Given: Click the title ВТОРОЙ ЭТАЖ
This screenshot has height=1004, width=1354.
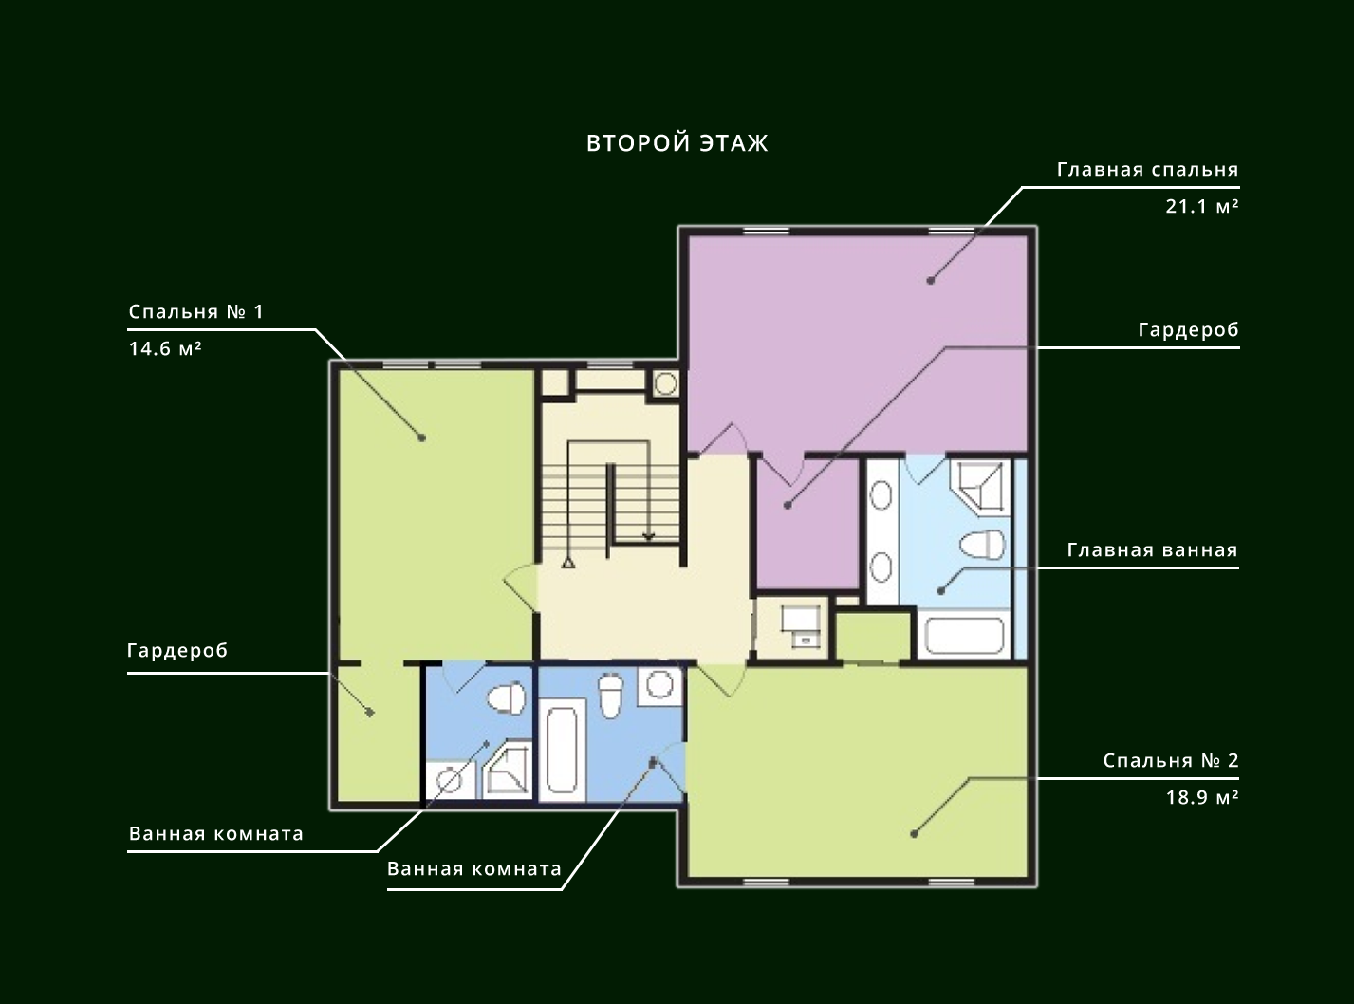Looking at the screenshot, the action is pyautogui.click(x=677, y=143).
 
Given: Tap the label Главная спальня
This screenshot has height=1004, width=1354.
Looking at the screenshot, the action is pyautogui.click(x=1148, y=170).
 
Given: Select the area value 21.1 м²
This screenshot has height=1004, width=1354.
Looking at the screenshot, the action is pyautogui.click(x=1202, y=207).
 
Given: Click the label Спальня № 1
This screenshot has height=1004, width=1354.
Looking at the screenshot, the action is pyautogui.click(x=196, y=312).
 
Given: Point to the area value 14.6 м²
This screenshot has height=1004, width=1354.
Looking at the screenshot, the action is pyautogui.click(x=165, y=348).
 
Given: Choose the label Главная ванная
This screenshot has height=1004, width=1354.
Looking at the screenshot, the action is pyautogui.click(x=1153, y=550).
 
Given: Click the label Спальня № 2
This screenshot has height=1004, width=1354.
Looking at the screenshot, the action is pyautogui.click(x=1171, y=761).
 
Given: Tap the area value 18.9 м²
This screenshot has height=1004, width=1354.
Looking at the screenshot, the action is pyautogui.click(x=1202, y=797).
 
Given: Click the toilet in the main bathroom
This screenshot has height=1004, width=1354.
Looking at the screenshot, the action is pyautogui.click(x=982, y=545).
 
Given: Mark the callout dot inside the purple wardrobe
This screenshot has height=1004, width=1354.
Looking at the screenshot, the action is pyautogui.click(x=788, y=505).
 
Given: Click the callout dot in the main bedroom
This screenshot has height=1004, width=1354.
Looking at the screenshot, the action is pyautogui.click(x=930, y=281).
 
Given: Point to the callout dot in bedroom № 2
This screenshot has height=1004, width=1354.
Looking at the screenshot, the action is pyautogui.click(x=914, y=833).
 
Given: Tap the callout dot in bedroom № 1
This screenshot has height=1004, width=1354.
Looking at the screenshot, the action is pyautogui.click(x=421, y=437).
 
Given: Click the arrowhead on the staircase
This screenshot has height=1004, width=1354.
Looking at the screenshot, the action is pyautogui.click(x=648, y=537).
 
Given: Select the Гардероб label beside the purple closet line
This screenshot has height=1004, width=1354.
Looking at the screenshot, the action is pyautogui.click(x=1189, y=330).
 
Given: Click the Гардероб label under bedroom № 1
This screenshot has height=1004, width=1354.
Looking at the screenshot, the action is pyautogui.click(x=177, y=651).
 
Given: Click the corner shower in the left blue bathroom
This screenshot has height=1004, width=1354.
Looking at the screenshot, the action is pyautogui.click(x=508, y=769).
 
